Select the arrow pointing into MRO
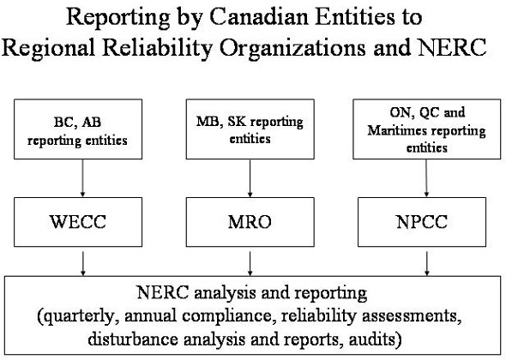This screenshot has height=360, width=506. pos(250,181)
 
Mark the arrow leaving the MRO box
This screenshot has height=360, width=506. pos(250,261)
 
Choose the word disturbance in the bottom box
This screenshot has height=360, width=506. pos(133,332)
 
